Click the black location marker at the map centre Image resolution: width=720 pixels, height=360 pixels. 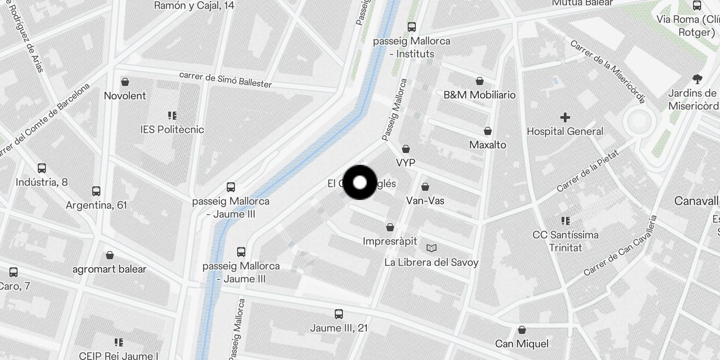[x=360, y=182]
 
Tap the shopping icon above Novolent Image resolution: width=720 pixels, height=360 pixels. [x=125, y=82]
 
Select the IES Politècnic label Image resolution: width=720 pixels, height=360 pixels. [x=172, y=130]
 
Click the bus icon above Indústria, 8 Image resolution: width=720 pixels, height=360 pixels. [x=42, y=168]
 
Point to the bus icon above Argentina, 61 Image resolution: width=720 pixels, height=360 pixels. [x=96, y=191]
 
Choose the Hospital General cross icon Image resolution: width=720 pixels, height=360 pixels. [x=565, y=118]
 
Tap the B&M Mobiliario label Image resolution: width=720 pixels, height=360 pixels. [x=479, y=95]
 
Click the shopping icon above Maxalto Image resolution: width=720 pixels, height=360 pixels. [x=487, y=131]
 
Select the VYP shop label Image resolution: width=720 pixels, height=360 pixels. [x=405, y=162]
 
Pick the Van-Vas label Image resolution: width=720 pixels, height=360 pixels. [x=425, y=201]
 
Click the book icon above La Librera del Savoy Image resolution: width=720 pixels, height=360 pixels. [x=431, y=248]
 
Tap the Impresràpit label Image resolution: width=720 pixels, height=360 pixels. [x=390, y=241]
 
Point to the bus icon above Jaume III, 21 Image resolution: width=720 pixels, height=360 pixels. [x=339, y=314]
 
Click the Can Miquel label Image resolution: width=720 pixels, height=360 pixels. [x=522, y=344]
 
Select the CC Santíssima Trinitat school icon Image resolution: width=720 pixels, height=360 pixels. [x=565, y=221]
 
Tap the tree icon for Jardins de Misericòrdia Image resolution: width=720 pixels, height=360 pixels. [x=697, y=80]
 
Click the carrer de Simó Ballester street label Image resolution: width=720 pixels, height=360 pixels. [x=225, y=80]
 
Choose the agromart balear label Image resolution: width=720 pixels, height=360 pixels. [x=109, y=269]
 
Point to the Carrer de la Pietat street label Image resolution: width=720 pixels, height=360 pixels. [x=588, y=171]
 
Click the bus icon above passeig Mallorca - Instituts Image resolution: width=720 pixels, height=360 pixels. [x=412, y=27]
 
